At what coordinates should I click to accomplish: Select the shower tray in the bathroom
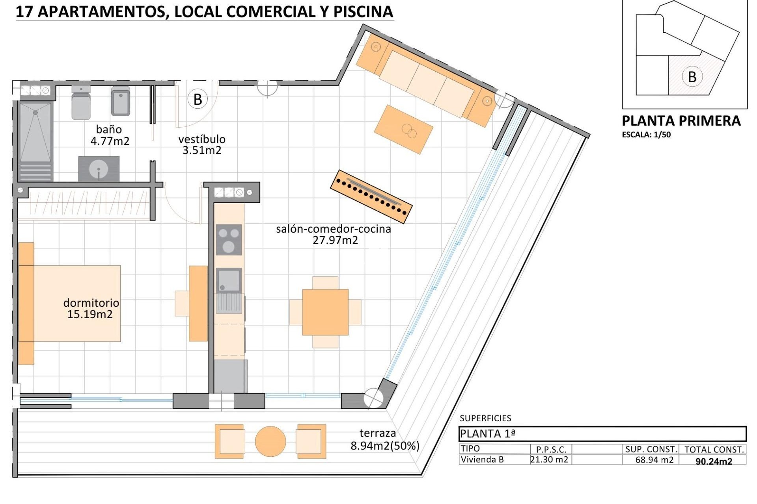pyautogui.click(x=35, y=132)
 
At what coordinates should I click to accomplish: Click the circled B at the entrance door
pyautogui.click(x=198, y=99)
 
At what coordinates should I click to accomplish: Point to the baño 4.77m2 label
pyautogui.click(x=110, y=135)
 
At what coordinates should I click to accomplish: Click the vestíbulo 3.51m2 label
pyautogui.click(x=202, y=145)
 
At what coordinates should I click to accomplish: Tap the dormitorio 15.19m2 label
pyautogui.click(x=91, y=308)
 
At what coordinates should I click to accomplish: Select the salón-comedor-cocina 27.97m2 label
pyautogui.click(x=334, y=234)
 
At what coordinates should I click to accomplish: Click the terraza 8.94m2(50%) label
pyautogui.click(x=384, y=439)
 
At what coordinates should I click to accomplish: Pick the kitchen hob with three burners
pyautogui.click(x=229, y=239)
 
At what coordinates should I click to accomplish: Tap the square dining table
pyautogui.click(x=325, y=312)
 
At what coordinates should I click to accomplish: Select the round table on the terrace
pyautogui.click(x=270, y=441)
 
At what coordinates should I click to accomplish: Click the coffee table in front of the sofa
pyautogui.click(x=403, y=129)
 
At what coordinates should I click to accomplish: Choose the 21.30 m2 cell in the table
pyautogui.click(x=549, y=460)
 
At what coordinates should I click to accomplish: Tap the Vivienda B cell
pyautogui.click(x=482, y=460)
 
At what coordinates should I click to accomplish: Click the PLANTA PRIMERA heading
pyautogui.click(x=681, y=121)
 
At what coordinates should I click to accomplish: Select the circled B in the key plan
pyautogui.click(x=692, y=76)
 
